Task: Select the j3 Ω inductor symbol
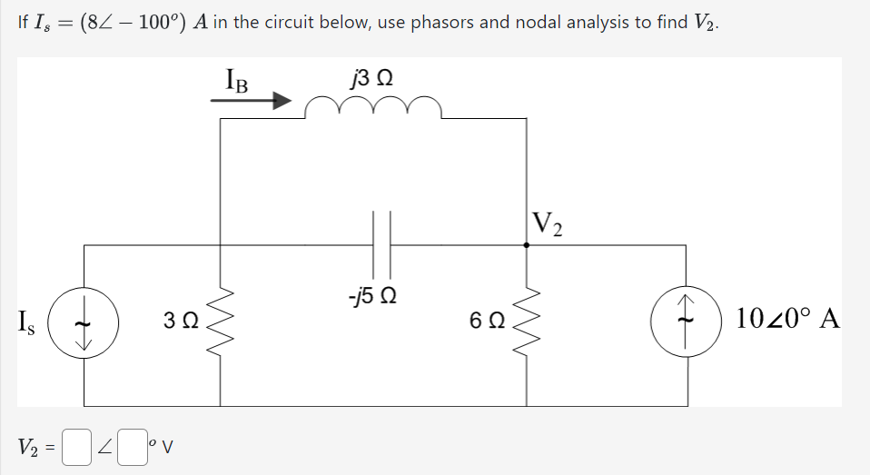tap(373, 108)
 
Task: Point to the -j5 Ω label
tap(374, 296)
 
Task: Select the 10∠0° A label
tap(789, 320)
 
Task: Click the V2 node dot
tap(527, 244)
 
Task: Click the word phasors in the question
tap(443, 23)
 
